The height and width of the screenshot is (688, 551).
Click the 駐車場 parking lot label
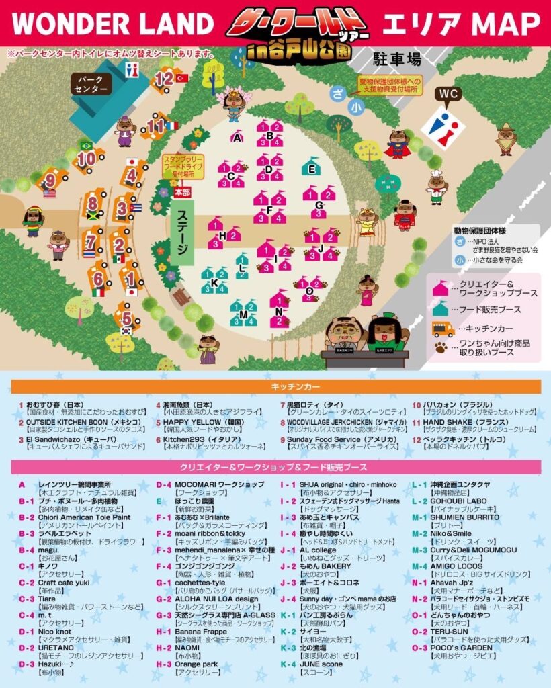coord(396,59)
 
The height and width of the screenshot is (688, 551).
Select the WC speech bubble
coord(449,93)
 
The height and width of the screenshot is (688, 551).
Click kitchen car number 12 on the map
coord(163,79)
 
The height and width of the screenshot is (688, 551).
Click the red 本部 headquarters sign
coord(181,193)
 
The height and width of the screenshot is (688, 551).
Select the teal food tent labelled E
coord(310,167)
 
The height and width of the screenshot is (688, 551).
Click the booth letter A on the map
coord(236,138)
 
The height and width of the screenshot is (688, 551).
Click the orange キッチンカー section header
coord(275,387)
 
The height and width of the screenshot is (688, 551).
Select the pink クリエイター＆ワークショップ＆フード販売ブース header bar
coord(275,467)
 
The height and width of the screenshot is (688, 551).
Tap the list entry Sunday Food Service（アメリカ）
coord(336,439)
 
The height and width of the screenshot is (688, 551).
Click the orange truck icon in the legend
coord(443,329)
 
